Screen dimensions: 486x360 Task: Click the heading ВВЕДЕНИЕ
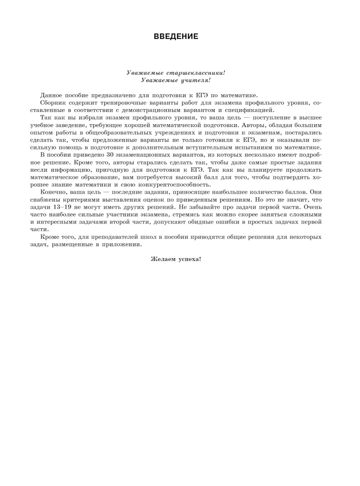click(x=176, y=36)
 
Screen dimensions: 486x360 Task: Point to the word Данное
click(x=51, y=95)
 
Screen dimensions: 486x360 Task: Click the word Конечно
click(x=53, y=192)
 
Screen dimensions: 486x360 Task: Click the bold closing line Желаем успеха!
click(x=176, y=259)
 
